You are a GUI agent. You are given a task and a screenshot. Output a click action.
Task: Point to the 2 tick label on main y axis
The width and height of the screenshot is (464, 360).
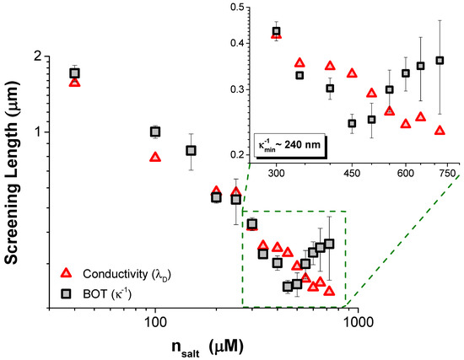(36, 56)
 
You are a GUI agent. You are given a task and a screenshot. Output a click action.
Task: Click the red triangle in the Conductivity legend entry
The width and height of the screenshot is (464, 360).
(67, 273)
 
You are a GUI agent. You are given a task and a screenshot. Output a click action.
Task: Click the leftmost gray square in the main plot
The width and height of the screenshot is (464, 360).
(75, 73)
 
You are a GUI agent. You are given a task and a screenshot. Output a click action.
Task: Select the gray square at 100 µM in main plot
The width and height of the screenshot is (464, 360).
(155, 132)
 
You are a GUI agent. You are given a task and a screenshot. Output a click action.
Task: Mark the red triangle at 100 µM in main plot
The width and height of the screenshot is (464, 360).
(155, 157)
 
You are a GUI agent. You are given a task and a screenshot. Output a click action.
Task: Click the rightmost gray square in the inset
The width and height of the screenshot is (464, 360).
(440, 61)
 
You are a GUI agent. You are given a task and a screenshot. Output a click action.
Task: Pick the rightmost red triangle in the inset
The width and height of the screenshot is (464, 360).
(440, 131)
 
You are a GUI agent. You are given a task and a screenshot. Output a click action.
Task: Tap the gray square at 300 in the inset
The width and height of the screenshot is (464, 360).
(277, 32)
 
